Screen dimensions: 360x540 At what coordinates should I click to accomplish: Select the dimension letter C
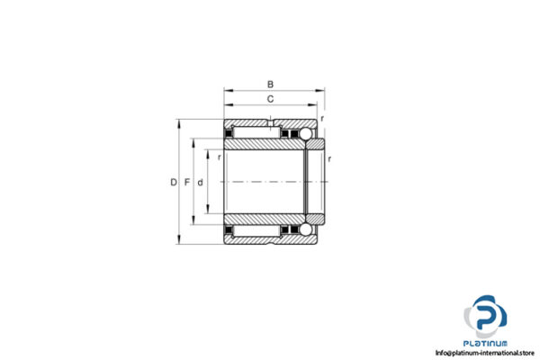270,98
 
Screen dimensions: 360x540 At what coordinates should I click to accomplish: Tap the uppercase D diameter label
173,183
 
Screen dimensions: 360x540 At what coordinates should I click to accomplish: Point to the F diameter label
186,183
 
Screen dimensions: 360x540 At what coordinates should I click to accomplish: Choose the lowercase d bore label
200,183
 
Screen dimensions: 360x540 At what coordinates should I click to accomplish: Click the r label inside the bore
220,157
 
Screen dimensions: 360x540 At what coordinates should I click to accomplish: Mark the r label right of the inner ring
330,158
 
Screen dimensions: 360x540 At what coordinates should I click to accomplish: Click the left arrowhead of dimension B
227,90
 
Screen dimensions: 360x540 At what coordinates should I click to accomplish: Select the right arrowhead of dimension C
314,105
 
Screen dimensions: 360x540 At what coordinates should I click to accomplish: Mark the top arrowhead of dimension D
180,121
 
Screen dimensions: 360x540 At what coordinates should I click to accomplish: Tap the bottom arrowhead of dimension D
180,244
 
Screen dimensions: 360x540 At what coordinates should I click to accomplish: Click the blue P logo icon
489,318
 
